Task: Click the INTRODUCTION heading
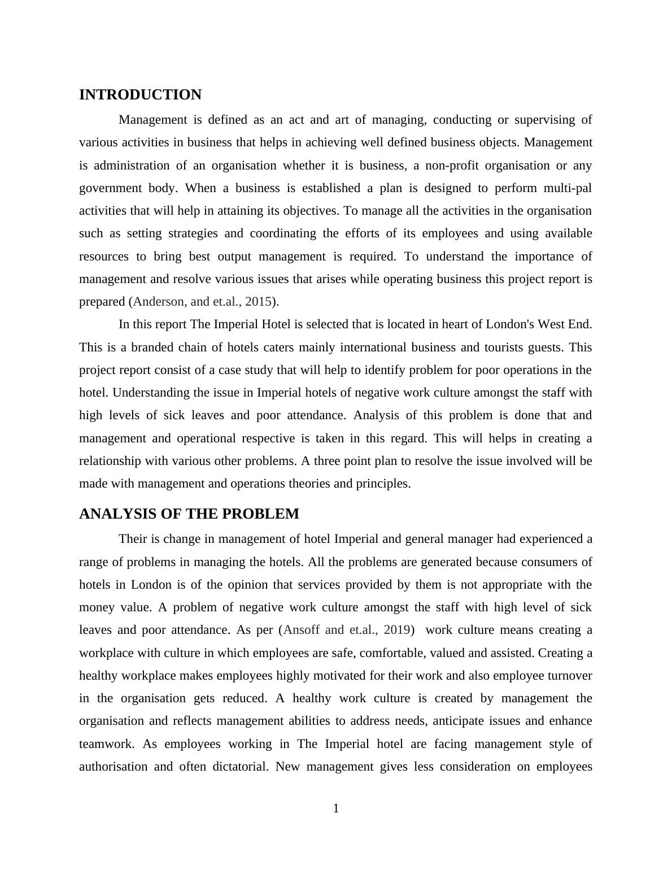click(140, 95)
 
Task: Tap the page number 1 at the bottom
click(336, 808)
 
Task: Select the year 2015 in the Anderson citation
click(258, 302)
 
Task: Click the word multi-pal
click(568, 188)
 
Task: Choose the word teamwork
click(106, 744)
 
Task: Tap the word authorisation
click(112, 767)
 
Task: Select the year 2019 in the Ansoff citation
click(396, 630)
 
